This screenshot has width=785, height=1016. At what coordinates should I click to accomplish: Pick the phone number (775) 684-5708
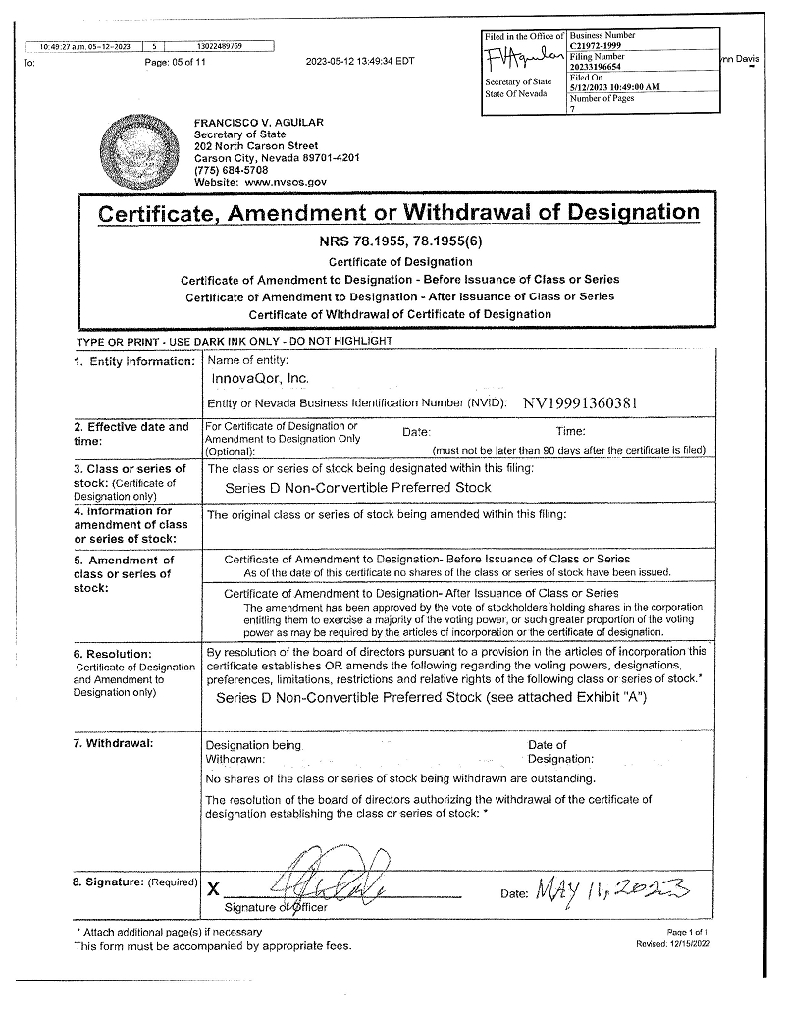(231, 170)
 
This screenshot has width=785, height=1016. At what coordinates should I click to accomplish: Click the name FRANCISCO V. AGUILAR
(259, 123)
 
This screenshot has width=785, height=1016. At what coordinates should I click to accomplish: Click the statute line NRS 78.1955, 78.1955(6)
(399, 241)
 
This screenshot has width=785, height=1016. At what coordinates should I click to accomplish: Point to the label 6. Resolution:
(113, 654)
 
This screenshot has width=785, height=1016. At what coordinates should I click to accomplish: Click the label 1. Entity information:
(134, 362)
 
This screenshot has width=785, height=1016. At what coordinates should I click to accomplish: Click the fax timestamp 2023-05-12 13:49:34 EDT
(360, 61)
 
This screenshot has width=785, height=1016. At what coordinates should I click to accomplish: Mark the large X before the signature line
(213, 889)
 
